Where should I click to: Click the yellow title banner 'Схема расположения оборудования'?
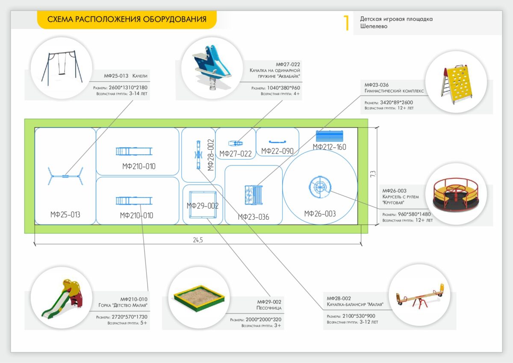point(127,20)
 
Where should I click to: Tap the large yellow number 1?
point(346,23)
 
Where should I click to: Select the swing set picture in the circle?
point(62,68)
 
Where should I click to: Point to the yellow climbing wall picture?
point(456,82)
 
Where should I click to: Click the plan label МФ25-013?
point(65,215)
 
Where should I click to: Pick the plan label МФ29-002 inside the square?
point(203,206)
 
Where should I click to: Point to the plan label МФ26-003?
point(320,213)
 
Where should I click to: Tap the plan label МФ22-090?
point(277,151)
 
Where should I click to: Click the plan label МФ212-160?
point(329,147)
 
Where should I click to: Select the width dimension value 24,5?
point(198,240)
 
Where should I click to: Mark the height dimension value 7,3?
point(373,174)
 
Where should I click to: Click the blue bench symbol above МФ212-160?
point(330,136)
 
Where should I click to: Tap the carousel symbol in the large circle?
point(320,187)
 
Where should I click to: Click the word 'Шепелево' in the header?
point(374,27)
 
